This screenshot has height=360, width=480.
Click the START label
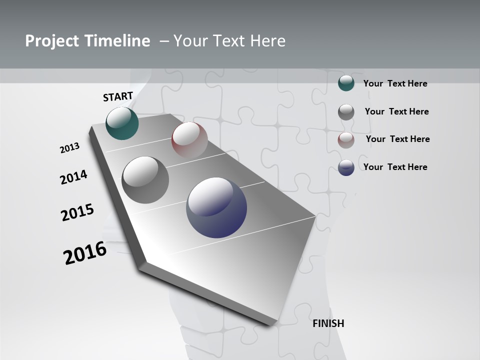pos(118,96)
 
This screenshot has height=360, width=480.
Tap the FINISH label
pos(328,323)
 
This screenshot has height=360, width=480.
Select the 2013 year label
pos(70,148)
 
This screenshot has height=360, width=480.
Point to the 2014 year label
pos(74,177)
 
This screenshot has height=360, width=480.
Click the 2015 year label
pos(77,212)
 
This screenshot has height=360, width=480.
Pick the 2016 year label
pos(85,252)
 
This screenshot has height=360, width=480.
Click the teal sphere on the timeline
pos(122,123)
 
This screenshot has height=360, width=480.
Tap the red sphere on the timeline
pos(189,139)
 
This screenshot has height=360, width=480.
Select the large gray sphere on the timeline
pos(145,180)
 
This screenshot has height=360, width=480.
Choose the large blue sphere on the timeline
pos(216,207)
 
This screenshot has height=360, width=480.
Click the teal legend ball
pos(346,83)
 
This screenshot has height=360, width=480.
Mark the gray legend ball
pos(346,111)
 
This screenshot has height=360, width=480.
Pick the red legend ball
pos(346,139)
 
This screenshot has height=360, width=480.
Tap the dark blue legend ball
pos(346,167)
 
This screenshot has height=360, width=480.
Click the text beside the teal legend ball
pos(395,83)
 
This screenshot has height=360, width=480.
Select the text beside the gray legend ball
pos(397,111)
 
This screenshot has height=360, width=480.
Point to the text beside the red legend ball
pos(398,139)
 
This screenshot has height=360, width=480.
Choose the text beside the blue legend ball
pos(395,167)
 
